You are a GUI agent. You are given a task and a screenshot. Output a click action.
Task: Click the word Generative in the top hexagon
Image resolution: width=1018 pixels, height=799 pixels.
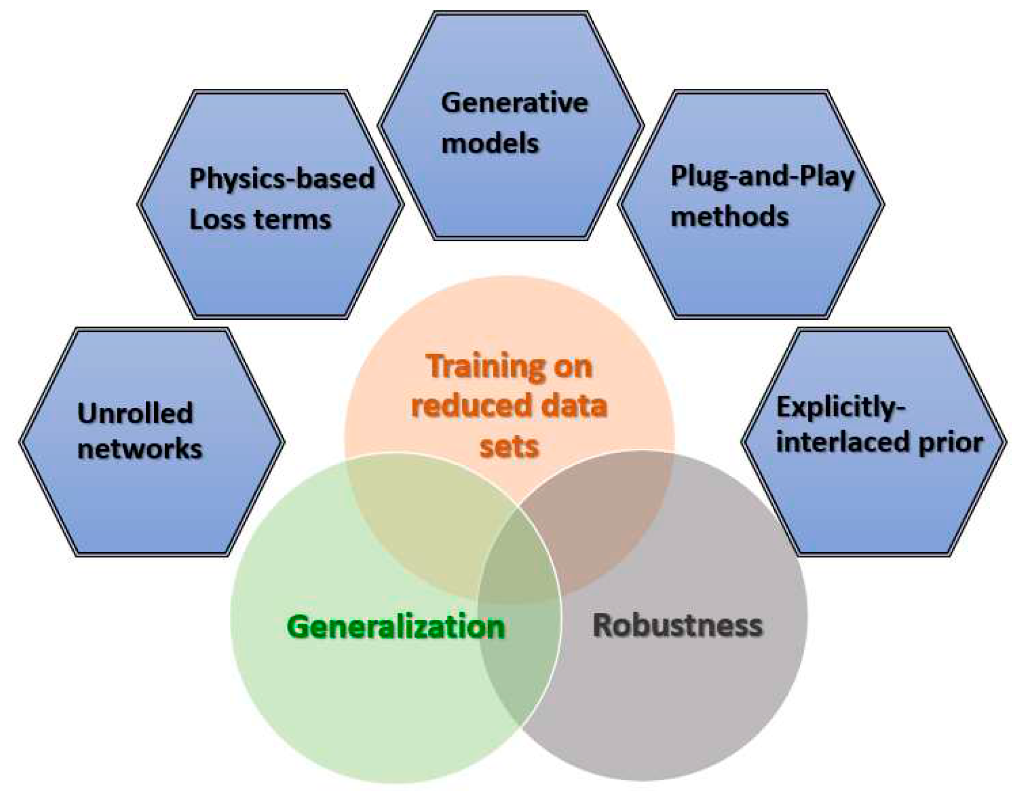tap(514, 103)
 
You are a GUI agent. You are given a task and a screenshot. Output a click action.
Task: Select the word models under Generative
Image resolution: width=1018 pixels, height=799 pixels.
tap(489, 143)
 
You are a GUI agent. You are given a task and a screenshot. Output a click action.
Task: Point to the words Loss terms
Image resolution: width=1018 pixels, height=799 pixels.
tap(260, 220)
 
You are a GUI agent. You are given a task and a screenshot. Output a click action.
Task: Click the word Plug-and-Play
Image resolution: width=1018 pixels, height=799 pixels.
tap(762, 177)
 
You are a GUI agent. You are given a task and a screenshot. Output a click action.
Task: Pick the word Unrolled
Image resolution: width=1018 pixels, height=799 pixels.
tap(135, 414)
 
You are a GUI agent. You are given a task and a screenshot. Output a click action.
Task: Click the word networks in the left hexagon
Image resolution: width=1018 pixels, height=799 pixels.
tap(140, 449)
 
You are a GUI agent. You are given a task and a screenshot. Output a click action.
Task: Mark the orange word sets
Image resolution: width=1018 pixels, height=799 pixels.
tap(509, 447)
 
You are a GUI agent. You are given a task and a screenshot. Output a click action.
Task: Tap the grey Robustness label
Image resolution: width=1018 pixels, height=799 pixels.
tap(677, 626)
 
